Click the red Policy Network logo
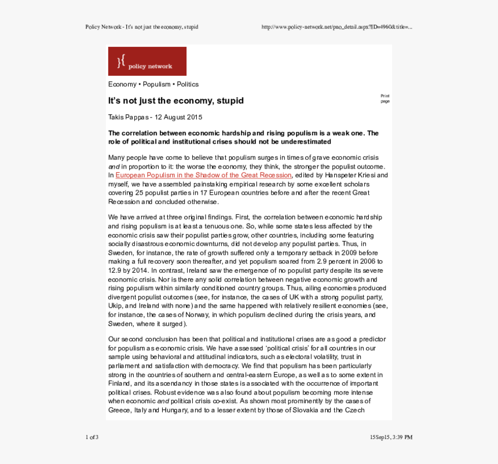tap(147, 61)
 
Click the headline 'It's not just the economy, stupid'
tap(175, 101)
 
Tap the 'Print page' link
tap(385, 98)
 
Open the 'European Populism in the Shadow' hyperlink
tap(203, 175)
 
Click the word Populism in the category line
tap(156, 84)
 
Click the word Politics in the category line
tap(188, 84)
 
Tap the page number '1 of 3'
tap(91, 437)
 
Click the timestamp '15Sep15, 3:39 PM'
tap(391, 437)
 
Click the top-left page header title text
tap(141, 27)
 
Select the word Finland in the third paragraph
tap(119, 383)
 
